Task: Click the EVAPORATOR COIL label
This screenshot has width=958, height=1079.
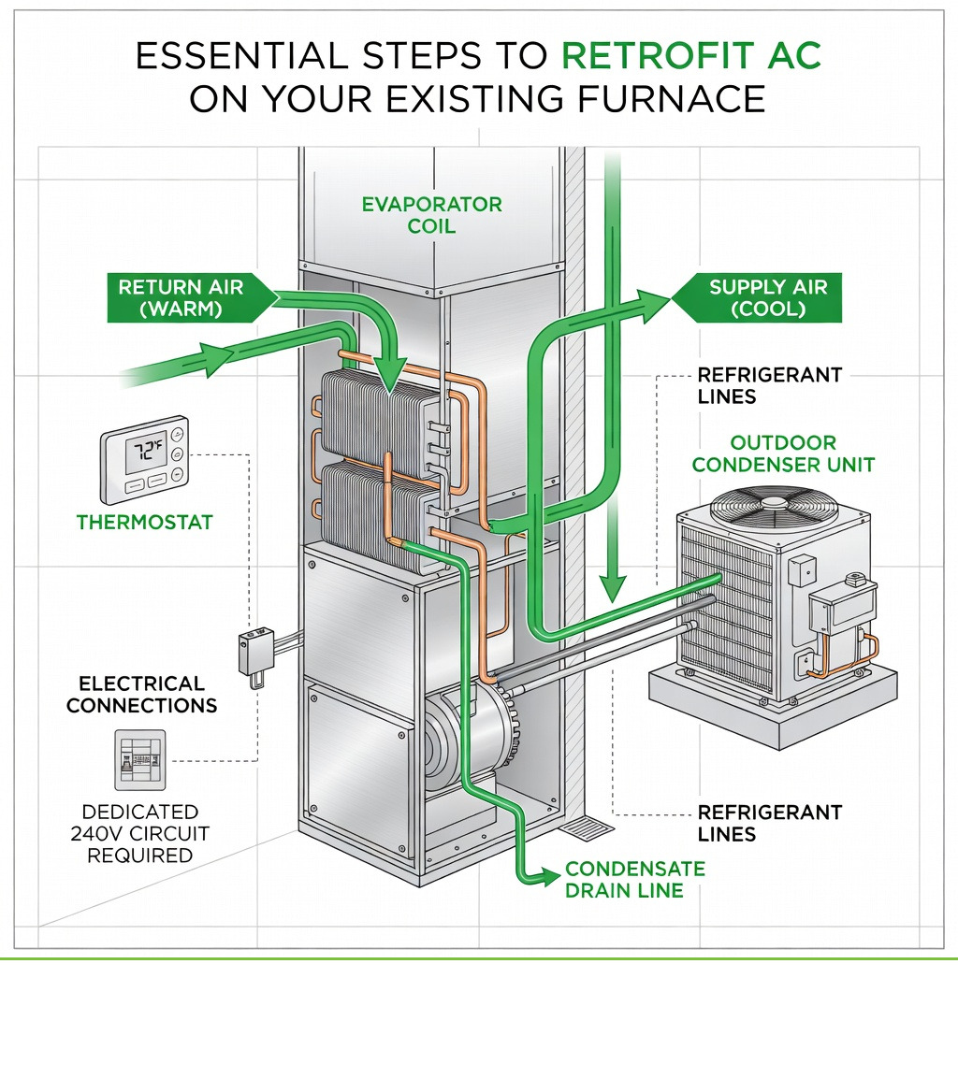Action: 431,214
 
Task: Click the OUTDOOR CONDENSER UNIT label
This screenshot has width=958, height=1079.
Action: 783,453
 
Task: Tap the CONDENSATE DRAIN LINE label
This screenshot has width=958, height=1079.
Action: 634,879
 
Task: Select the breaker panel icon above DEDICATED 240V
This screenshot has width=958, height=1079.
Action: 140,761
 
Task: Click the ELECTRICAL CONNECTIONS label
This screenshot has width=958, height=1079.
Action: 141,694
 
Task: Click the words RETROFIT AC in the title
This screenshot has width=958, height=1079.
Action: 691,57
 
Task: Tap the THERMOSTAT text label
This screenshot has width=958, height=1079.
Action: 145,522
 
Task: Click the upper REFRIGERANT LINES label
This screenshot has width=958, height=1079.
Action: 769,385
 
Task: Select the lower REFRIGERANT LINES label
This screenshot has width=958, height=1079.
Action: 769,823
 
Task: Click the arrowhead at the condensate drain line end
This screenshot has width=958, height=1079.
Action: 544,877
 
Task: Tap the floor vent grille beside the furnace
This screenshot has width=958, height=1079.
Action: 587,827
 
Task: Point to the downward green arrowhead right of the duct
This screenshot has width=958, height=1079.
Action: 612,588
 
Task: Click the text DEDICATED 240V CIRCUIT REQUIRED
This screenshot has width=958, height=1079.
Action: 140,833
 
